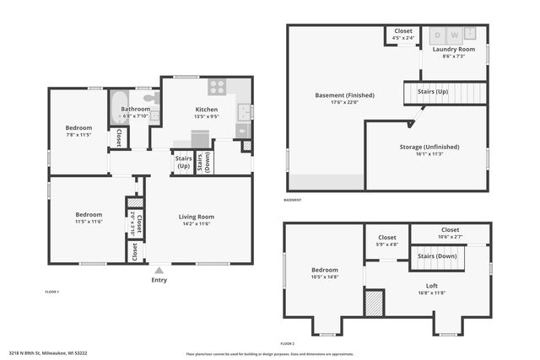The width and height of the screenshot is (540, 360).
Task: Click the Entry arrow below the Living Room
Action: click(x=159, y=270)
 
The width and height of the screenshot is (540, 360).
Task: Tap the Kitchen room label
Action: click(x=207, y=110)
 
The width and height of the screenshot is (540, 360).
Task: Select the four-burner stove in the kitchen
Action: click(x=217, y=85)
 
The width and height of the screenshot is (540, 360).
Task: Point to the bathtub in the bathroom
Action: click(x=116, y=108)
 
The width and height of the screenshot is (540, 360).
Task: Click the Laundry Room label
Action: click(x=450, y=49)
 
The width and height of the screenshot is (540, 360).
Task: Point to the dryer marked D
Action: click(x=438, y=35)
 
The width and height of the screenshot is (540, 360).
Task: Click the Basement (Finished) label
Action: click(x=344, y=95)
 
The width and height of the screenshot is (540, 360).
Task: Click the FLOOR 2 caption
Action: click(x=287, y=344)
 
